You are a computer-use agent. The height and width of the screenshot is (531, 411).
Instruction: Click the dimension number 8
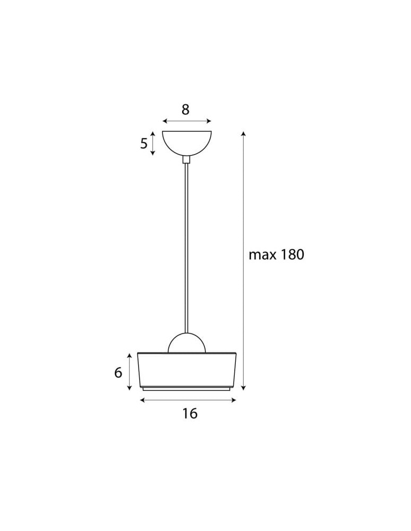[185, 110]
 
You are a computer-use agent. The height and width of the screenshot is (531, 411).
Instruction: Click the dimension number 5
[144, 143]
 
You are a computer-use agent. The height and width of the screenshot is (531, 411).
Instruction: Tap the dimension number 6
[118, 373]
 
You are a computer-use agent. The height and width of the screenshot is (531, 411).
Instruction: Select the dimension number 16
[190, 414]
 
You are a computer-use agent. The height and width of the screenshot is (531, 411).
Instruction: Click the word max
[263, 255]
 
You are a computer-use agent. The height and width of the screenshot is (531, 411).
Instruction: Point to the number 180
[292, 255]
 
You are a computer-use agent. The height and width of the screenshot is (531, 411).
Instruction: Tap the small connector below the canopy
[186, 159]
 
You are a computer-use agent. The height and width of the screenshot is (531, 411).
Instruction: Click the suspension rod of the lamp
[186, 244]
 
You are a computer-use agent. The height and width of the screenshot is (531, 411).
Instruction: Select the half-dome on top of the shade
[186, 344]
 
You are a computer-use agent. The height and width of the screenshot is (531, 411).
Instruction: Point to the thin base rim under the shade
[186, 388]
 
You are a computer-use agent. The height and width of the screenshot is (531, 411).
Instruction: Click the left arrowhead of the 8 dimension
[164, 122]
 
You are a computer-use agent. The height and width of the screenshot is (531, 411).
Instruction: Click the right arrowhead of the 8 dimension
[209, 122]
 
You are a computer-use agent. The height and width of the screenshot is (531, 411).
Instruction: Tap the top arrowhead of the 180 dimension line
[243, 133]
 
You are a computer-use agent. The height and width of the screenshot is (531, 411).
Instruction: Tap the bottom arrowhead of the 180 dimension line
[243, 388]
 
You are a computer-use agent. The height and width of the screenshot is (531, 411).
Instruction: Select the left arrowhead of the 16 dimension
[142, 400]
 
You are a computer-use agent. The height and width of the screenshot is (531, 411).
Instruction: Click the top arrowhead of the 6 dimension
[130, 354]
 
